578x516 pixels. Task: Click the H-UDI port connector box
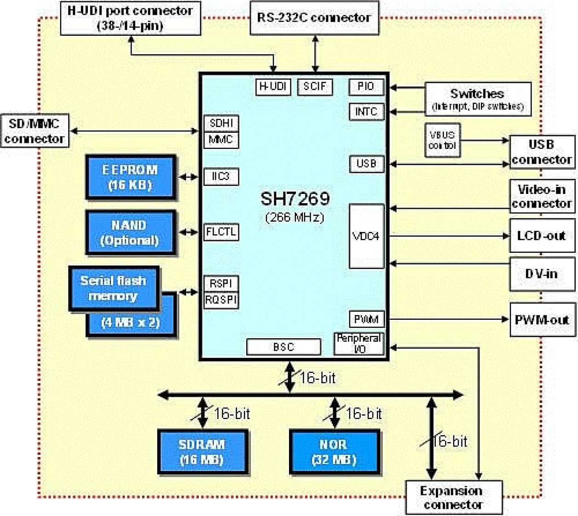(x=130, y=18)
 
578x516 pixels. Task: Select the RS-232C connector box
(x=314, y=18)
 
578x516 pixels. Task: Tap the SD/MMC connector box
(x=35, y=131)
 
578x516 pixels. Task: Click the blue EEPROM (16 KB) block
(x=130, y=177)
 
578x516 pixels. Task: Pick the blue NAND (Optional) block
(x=130, y=232)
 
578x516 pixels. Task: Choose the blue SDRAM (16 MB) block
(x=202, y=452)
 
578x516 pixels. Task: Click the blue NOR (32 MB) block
(x=335, y=452)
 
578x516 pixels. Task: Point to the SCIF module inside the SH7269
(x=315, y=86)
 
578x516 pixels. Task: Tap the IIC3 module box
(x=221, y=176)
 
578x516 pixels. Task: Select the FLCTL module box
(x=221, y=232)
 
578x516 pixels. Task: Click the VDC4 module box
(x=366, y=236)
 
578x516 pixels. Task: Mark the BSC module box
(x=283, y=347)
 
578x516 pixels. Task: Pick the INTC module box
(x=366, y=112)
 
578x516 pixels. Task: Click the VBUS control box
(x=442, y=140)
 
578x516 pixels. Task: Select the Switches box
(x=478, y=98)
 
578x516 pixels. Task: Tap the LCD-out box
(x=542, y=236)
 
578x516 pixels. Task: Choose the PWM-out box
(x=542, y=320)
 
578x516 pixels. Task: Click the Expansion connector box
(x=453, y=498)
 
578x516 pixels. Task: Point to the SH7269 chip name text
(x=295, y=198)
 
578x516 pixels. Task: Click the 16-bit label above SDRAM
(x=232, y=414)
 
